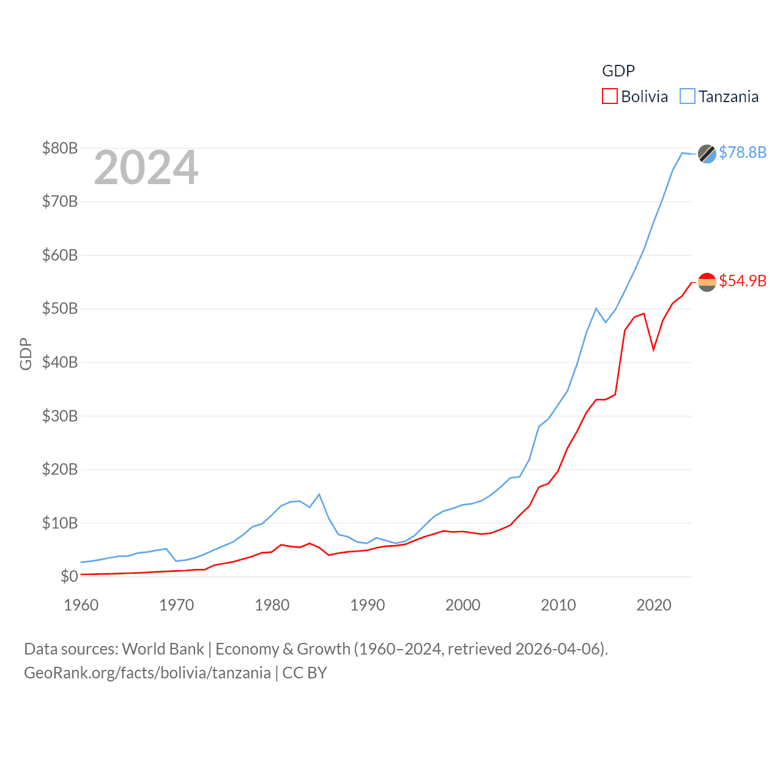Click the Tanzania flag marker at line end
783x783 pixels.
point(707,154)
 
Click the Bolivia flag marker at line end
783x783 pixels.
point(707,282)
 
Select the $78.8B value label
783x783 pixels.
point(743,152)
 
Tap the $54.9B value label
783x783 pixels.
point(743,281)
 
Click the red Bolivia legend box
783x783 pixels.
point(610,97)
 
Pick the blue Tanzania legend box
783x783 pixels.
point(688,97)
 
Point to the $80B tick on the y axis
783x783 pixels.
point(60,148)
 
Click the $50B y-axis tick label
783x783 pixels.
point(60,308)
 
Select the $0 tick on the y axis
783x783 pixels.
point(69,576)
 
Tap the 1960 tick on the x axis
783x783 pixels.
point(81,605)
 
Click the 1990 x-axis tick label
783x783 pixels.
point(368,605)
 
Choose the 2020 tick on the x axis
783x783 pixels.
point(654,605)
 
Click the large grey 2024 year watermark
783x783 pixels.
point(146,168)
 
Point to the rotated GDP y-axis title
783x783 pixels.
point(26,354)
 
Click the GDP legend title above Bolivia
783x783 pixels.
point(618,71)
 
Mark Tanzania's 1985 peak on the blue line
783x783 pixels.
point(319,494)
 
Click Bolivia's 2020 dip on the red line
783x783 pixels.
point(654,349)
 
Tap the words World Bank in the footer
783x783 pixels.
point(163,649)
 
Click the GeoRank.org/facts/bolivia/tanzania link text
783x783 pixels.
point(147,673)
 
